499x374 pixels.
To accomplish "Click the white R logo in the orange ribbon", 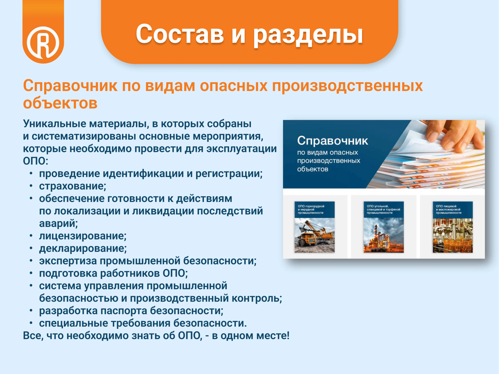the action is (43, 42).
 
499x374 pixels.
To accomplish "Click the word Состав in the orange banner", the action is (180, 34).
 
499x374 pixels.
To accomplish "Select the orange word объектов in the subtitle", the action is (60, 103).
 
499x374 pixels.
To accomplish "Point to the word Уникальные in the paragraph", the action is (54, 124).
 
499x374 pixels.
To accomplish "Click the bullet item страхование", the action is (72, 186).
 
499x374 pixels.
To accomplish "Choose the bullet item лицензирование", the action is (83, 236).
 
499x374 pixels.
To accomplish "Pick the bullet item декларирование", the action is (83, 249).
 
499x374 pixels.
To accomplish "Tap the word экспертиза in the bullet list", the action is (68, 261).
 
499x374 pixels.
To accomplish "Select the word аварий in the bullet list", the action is (59, 223).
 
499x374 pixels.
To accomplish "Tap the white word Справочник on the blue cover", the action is (332, 141).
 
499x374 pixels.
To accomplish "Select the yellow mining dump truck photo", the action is (315, 236).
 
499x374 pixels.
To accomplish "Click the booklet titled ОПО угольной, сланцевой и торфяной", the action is (384, 227).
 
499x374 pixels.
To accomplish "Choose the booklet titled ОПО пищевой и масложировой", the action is (453, 227).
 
